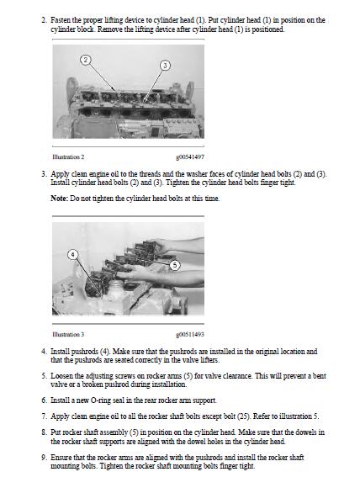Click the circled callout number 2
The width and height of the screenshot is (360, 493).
click(86, 60)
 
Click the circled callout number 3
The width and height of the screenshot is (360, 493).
click(165, 66)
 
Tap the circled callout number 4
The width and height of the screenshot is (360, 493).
click(72, 254)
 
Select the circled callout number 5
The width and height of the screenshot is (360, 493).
click(175, 265)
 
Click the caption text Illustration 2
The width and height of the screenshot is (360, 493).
click(68, 156)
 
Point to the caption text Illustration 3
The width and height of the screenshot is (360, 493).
click(68, 334)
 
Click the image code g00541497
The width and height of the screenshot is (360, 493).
click(190, 156)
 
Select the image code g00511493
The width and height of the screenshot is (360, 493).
click(190, 334)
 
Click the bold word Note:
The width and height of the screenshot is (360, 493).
click(60, 199)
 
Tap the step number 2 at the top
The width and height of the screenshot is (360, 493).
click(44, 20)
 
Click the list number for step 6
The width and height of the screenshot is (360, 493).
click(44, 400)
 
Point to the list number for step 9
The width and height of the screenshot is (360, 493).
click(44, 457)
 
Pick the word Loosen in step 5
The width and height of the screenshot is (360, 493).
click(62, 376)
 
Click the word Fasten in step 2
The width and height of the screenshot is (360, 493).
click(61, 20)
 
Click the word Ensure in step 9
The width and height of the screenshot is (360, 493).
click(61, 457)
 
